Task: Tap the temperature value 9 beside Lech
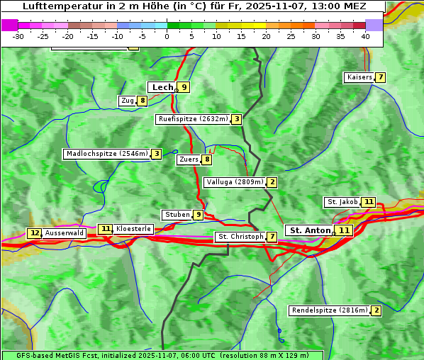coord(184,87)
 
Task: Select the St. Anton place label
coord(311,230)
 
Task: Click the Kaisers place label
coord(359,77)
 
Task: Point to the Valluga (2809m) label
coord(235,182)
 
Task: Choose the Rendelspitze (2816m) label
coord(330,310)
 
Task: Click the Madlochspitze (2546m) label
coord(107,154)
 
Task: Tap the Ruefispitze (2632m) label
coord(193,119)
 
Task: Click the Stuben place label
coord(177,215)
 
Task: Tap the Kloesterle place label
coord(133,229)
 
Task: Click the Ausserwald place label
coord(65,233)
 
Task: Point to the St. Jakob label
coord(342,202)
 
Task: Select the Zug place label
coord(128,101)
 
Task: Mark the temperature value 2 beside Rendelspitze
coord(376,310)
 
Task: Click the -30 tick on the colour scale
coord(18,36)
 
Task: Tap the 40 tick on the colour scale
coord(365,36)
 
